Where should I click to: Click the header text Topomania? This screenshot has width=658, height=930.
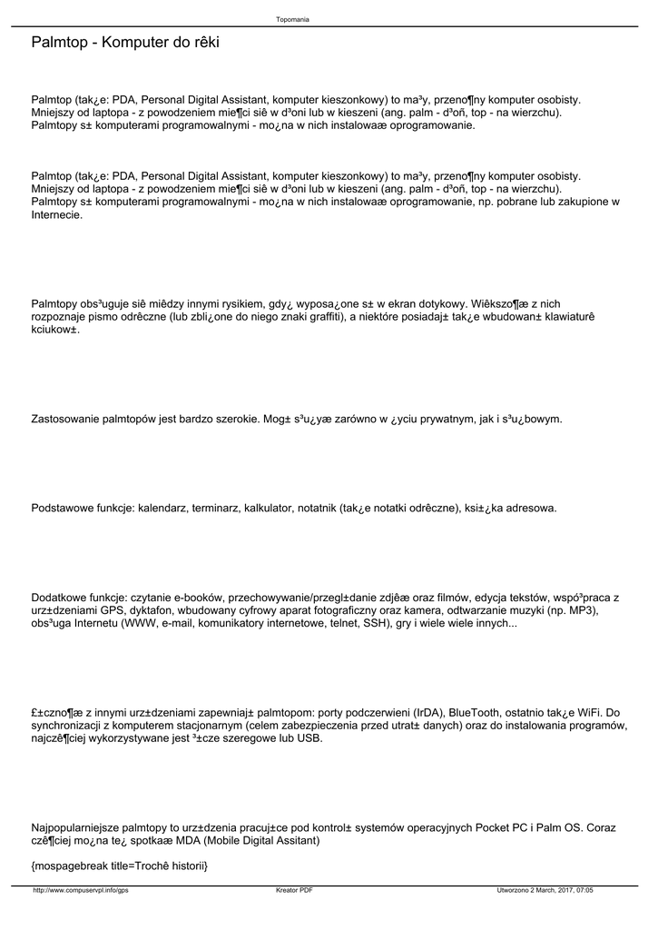pos(292,19)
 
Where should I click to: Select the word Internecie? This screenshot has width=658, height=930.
pos(57,215)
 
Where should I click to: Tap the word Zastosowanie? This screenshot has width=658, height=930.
pos(65,420)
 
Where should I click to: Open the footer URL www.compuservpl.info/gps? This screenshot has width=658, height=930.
pos(81,891)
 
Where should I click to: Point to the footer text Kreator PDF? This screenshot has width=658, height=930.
pos(294,891)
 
